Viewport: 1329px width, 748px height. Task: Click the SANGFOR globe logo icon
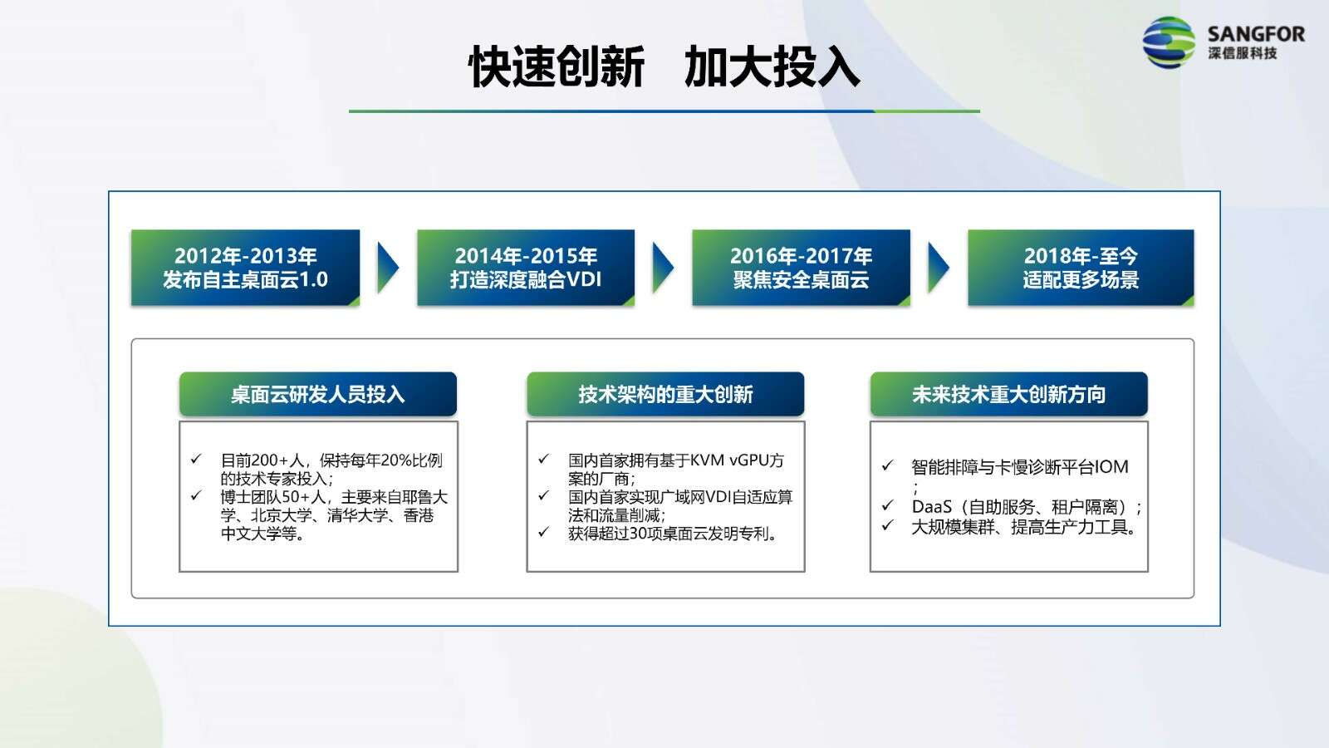(1168, 42)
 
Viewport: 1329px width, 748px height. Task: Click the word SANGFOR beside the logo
(1256, 34)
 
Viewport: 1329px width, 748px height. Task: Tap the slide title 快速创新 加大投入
(664, 67)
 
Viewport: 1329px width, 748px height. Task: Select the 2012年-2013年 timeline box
(245, 268)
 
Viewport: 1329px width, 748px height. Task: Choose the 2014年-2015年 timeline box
(526, 268)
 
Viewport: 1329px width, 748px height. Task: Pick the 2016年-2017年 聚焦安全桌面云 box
(801, 268)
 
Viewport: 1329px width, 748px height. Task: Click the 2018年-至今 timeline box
(1081, 268)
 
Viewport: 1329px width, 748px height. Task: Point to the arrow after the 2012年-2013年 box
(388, 268)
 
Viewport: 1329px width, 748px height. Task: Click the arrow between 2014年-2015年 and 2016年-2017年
(664, 268)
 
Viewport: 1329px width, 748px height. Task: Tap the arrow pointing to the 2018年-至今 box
(939, 268)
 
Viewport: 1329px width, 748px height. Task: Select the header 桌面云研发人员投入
(318, 394)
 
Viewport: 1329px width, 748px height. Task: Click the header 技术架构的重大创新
(665, 394)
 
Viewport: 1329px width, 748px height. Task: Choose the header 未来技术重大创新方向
(1008, 394)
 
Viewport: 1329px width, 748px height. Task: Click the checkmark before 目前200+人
(196, 459)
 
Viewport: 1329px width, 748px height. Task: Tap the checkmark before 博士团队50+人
(196, 495)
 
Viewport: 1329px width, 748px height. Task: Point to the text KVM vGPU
(730, 460)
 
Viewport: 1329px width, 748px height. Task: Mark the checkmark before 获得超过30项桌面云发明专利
(543, 532)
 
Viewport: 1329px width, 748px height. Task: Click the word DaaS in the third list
(931, 506)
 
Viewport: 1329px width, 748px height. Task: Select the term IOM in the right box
(1111, 467)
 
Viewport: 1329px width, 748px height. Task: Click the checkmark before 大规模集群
(887, 524)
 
